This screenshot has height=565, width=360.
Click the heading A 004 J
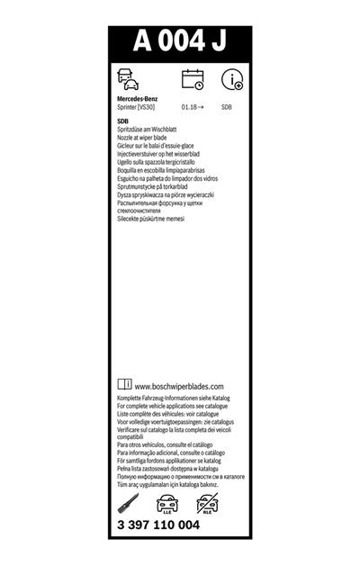[x=180, y=41]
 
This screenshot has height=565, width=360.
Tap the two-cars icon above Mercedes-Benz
[x=129, y=79]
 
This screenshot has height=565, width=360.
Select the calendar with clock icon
[x=193, y=79]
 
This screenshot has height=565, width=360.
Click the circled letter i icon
[x=233, y=80]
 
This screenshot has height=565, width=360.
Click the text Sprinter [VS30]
[x=139, y=106]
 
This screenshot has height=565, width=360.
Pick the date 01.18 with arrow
[x=192, y=106]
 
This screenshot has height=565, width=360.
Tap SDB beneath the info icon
[x=226, y=106]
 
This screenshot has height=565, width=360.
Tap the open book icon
[x=125, y=385]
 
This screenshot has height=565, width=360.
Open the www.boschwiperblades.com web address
[x=185, y=387]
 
